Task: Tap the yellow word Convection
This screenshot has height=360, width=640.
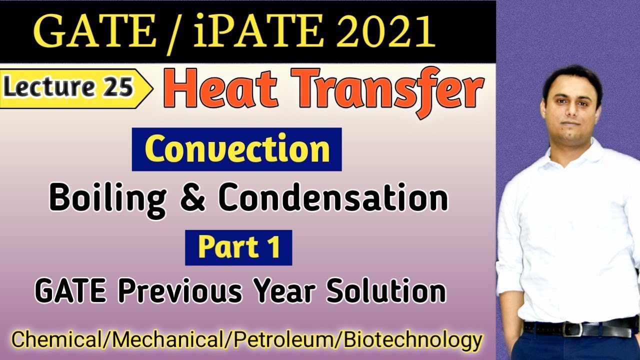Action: pyautogui.click(x=236, y=149)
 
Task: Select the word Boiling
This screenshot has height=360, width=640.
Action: pyautogui.click(x=107, y=198)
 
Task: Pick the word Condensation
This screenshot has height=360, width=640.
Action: pyautogui.click(x=332, y=198)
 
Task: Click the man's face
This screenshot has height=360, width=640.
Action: pyautogui.click(x=569, y=107)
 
